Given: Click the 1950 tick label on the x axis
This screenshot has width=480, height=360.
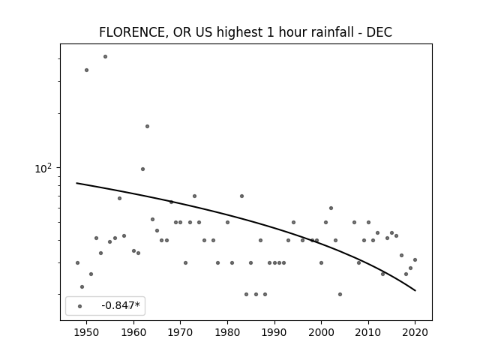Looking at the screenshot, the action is (87, 332).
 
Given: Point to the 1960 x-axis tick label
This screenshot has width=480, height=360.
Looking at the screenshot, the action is (133, 332).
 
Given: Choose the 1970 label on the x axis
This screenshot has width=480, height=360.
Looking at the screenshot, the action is (180, 332).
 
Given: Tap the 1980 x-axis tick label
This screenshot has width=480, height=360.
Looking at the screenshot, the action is (227, 332).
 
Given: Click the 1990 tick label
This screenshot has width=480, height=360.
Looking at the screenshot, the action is (274, 332).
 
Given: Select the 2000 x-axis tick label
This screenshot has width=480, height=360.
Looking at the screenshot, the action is (321, 332).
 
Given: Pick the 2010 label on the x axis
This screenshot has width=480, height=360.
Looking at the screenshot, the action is (368, 332).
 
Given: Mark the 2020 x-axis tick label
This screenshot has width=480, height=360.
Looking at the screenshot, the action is (415, 332).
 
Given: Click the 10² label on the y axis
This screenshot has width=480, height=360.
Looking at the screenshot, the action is (43, 168).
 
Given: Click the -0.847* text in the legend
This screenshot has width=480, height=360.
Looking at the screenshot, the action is (121, 305).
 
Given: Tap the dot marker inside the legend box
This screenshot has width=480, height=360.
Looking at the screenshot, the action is (80, 306).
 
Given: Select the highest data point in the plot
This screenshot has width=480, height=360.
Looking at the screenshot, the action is (105, 57).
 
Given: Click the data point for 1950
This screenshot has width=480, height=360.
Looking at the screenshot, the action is (87, 70).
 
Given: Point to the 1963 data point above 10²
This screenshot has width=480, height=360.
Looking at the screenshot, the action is (147, 127).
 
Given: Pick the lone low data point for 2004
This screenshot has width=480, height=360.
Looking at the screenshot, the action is (340, 295).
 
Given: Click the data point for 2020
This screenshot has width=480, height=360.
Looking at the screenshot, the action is (415, 260).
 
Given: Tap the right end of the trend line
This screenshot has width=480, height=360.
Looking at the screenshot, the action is (415, 290).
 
